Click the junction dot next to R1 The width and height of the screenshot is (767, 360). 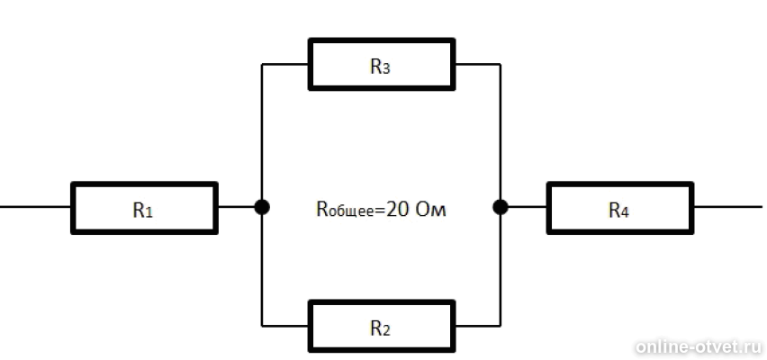coord(262,207)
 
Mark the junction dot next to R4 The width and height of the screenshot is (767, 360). coord(501,207)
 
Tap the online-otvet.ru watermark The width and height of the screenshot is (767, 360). coord(699,346)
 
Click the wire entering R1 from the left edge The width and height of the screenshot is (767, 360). coord(35,207)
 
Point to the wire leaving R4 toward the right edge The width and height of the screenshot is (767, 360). coord(728,207)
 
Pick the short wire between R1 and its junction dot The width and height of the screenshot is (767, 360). coord(236,207)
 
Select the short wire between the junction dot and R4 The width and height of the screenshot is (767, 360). coord(528,207)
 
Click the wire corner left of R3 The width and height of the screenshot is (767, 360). coord(262,64)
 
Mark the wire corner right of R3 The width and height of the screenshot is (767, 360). coord(501,64)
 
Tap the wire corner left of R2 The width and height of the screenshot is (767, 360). coord(262,326)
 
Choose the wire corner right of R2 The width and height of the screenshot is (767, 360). coord(501,326)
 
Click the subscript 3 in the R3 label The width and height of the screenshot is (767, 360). coord(386,69)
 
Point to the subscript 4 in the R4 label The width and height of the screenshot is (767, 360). coord(625,212)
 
